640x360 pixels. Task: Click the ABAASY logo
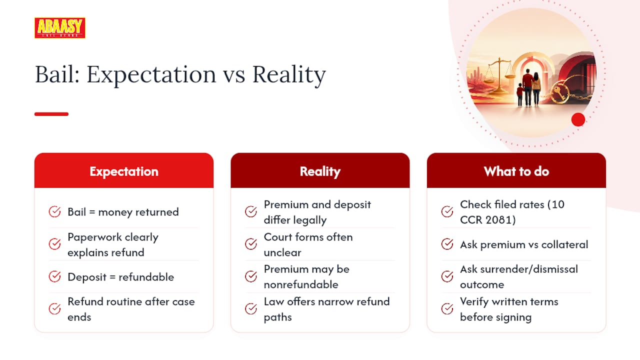[59, 27]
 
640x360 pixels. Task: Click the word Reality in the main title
[289, 75]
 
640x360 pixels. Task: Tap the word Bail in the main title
[57, 74]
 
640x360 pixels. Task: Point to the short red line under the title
[51, 114]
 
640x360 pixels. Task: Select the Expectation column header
[124, 171]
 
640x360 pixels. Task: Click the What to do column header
[516, 171]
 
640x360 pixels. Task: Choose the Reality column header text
[320, 171]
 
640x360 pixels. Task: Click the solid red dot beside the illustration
[578, 119]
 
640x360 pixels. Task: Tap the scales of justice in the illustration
[499, 75]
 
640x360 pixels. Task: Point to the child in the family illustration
[519, 94]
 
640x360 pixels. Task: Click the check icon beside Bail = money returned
[54, 211]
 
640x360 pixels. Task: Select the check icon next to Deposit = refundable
[54, 276]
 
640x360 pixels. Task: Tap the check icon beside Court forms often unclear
[251, 244]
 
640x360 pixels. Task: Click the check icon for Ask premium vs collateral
[447, 244]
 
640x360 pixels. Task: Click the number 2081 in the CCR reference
[499, 219]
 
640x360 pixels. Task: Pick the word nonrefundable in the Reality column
[301, 284]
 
